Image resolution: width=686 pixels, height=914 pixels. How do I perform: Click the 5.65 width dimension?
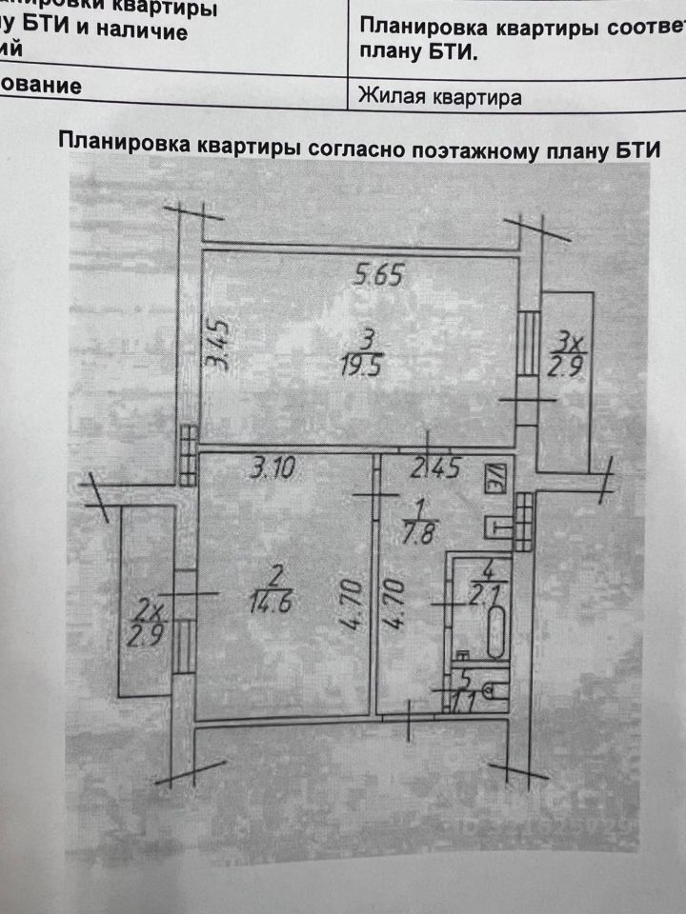379,276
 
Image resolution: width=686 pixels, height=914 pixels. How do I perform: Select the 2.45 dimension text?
434,468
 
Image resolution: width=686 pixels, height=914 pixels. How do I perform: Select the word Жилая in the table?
391,96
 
